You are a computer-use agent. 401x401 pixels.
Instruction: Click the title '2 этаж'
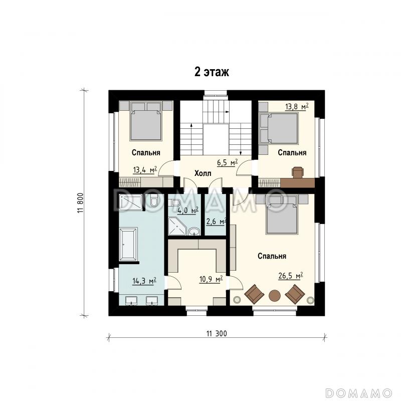pyautogui.click(x=212, y=72)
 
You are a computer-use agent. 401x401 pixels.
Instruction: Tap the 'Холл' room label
pyautogui.click(x=203, y=173)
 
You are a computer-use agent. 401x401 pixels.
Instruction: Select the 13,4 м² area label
pyautogui.click(x=145, y=170)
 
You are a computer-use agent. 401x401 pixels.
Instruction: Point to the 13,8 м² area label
pyautogui.click(x=297, y=106)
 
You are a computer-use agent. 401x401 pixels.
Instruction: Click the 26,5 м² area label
pyautogui.click(x=291, y=276)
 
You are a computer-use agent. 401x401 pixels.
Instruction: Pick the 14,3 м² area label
pyautogui.click(x=144, y=281)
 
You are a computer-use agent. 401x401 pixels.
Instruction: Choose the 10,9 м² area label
pyautogui.click(x=211, y=280)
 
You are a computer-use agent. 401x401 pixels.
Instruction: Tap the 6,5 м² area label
pyautogui.click(x=228, y=162)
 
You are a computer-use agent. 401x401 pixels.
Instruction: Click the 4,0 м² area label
pyautogui.click(x=188, y=211)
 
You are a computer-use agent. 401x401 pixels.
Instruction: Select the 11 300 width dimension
pyautogui.click(x=217, y=333)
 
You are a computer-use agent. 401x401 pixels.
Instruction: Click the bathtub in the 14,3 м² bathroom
pyautogui.click(x=128, y=244)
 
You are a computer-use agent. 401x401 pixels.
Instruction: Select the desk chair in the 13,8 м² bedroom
pyautogui.click(x=298, y=172)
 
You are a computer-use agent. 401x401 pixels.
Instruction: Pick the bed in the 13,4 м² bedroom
pyautogui.click(x=146, y=121)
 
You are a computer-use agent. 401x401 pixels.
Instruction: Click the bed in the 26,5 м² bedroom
pyautogui.click(x=282, y=215)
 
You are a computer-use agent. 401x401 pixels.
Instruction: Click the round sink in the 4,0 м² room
pyautogui.click(x=194, y=232)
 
